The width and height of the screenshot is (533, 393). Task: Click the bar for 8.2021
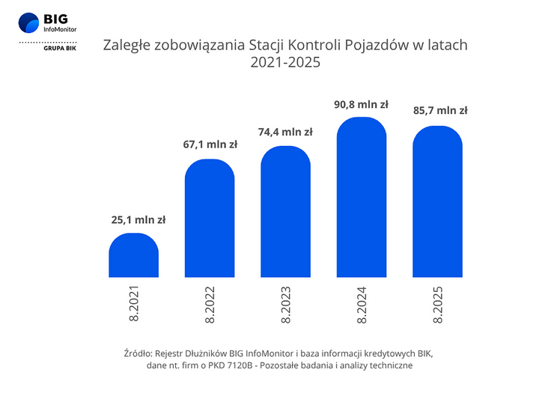[x=134, y=256]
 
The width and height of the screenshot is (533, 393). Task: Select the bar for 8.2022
[x=210, y=219]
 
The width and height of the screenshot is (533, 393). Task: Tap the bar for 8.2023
[x=286, y=212]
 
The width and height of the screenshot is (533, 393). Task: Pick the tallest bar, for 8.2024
[x=362, y=198]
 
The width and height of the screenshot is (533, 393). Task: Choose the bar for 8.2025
[x=438, y=201]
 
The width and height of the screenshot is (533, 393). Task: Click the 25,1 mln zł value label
[x=134, y=220]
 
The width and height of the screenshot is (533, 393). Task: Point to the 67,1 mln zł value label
[x=210, y=145]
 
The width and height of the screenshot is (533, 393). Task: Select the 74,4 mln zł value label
[x=286, y=132]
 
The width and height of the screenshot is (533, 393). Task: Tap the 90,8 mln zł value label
[x=362, y=105]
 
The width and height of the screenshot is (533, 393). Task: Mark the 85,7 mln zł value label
[x=439, y=111]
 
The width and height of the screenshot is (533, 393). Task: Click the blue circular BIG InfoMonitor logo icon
[x=29, y=23]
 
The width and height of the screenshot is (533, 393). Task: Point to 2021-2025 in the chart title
[x=284, y=63]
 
